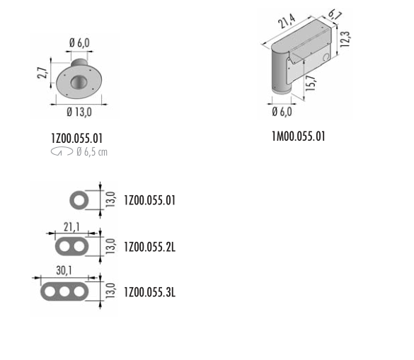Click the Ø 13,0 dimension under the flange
point(79,112)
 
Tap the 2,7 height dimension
point(42,73)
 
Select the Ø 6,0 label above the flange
point(79,42)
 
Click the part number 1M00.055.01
point(299,137)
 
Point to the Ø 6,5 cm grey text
point(92,152)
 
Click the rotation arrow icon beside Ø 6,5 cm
point(62,151)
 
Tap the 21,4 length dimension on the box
point(287,21)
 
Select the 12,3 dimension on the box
point(345,40)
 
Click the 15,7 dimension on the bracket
point(310,83)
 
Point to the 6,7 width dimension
point(335,15)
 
